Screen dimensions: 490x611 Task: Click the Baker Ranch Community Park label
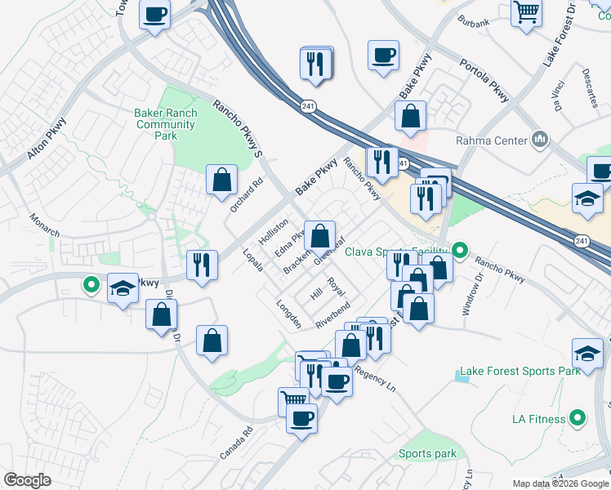tap(166, 124)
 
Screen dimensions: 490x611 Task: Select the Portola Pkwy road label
tap(484, 80)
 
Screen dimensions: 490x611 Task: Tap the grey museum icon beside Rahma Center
tap(538, 140)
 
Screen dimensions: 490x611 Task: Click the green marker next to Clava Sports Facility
tap(459, 250)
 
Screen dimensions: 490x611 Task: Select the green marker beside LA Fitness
tap(578, 419)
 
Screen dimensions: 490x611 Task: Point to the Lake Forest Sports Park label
tap(520, 371)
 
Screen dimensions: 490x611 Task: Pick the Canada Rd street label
tap(237, 442)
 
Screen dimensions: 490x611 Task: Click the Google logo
tap(28, 479)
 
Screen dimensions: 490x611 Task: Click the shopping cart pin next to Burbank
tap(527, 11)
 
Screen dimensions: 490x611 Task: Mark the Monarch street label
tap(45, 226)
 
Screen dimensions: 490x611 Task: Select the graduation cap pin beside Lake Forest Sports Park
tap(587, 353)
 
